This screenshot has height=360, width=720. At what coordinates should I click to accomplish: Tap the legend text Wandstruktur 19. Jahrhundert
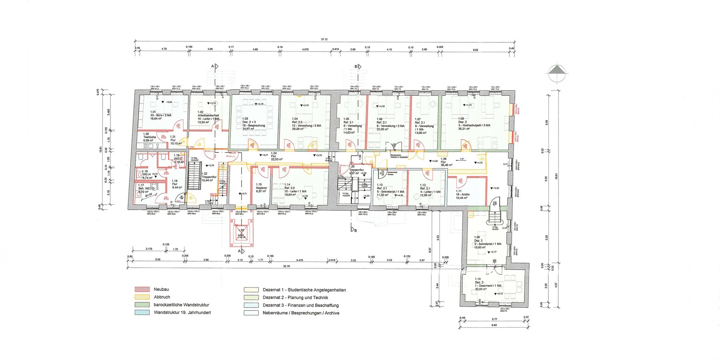pyautogui.click(x=182, y=312)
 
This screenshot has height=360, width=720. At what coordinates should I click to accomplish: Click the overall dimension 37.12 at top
pyautogui.click(x=324, y=39)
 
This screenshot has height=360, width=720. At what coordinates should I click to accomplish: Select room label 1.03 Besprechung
pyautogui.click(x=254, y=122)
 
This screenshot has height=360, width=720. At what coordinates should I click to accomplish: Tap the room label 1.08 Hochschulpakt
pyautogui.click(x=474, y=122)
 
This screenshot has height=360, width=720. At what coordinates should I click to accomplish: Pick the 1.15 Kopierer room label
pyautogui.click(x=261, y=188)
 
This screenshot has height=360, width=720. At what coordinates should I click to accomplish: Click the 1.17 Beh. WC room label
pyautogui.click(x=144, y=188)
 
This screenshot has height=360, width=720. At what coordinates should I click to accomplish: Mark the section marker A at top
pyautogui.click(x=214, y=66)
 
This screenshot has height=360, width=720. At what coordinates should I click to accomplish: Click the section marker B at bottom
pyautogui.click(x=354, y=230)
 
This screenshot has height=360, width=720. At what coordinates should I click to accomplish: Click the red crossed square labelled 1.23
pyautogui.click(x=241, y=234)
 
